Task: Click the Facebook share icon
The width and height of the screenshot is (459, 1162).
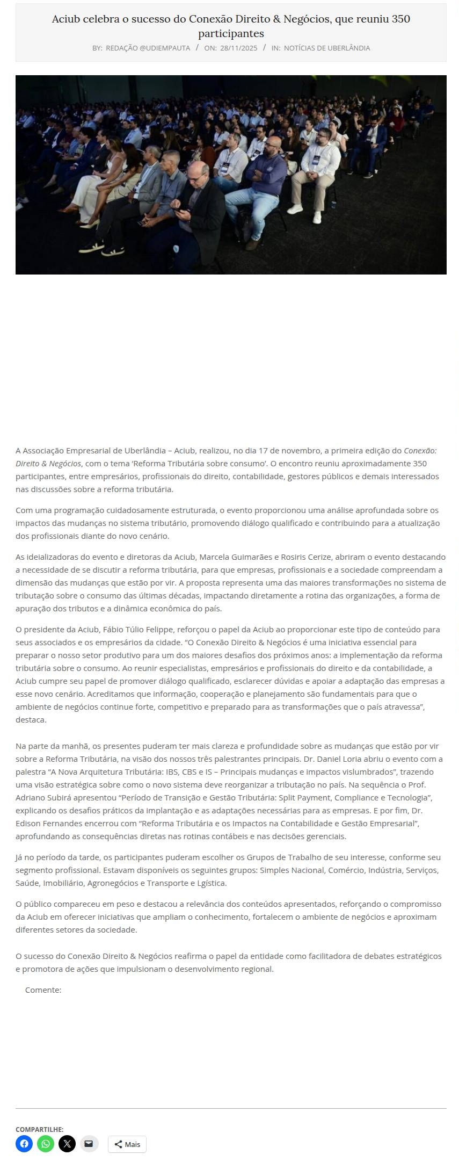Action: (x=24, y=1144)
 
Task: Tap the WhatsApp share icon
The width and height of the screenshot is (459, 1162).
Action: (x=46, y=1144)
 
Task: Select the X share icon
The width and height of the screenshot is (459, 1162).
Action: (x=67, y=1144)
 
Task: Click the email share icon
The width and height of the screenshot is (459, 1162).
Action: (x=89, y=1144)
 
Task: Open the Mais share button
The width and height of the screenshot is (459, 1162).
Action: (x=127, y=1144)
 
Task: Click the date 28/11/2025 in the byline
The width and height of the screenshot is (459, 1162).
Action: (x=238, y=48)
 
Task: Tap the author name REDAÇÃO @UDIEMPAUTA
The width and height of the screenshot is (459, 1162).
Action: (x=148, y=48)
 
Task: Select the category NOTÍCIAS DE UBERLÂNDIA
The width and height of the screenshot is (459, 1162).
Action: (x=327, y=48)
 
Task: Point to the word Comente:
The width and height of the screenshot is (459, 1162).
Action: (x=43, y=990)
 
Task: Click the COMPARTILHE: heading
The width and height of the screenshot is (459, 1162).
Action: (x=39, y=1129)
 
